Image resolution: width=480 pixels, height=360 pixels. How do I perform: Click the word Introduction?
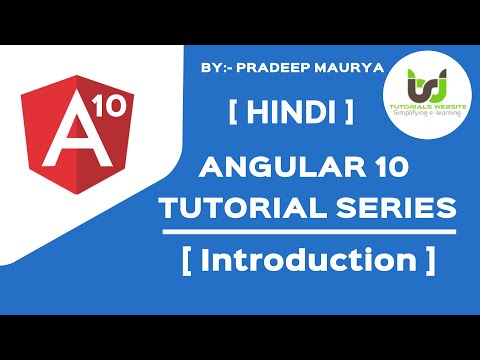tap(308, 262)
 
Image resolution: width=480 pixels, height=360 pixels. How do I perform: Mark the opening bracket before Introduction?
tap(187, 262)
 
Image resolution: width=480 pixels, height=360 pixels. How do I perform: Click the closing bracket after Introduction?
tap(429, 262)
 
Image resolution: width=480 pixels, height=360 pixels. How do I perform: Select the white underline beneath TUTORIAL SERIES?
tap(308, 233)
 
